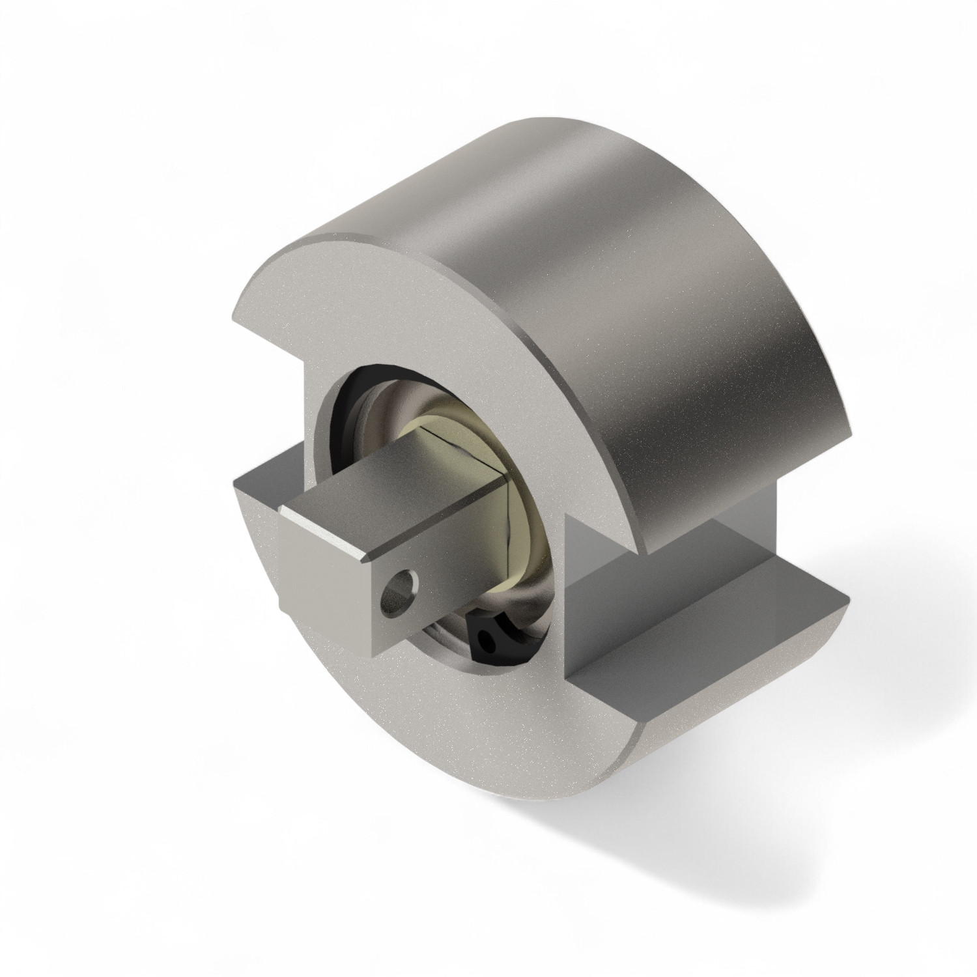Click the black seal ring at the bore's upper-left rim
(339, 417)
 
